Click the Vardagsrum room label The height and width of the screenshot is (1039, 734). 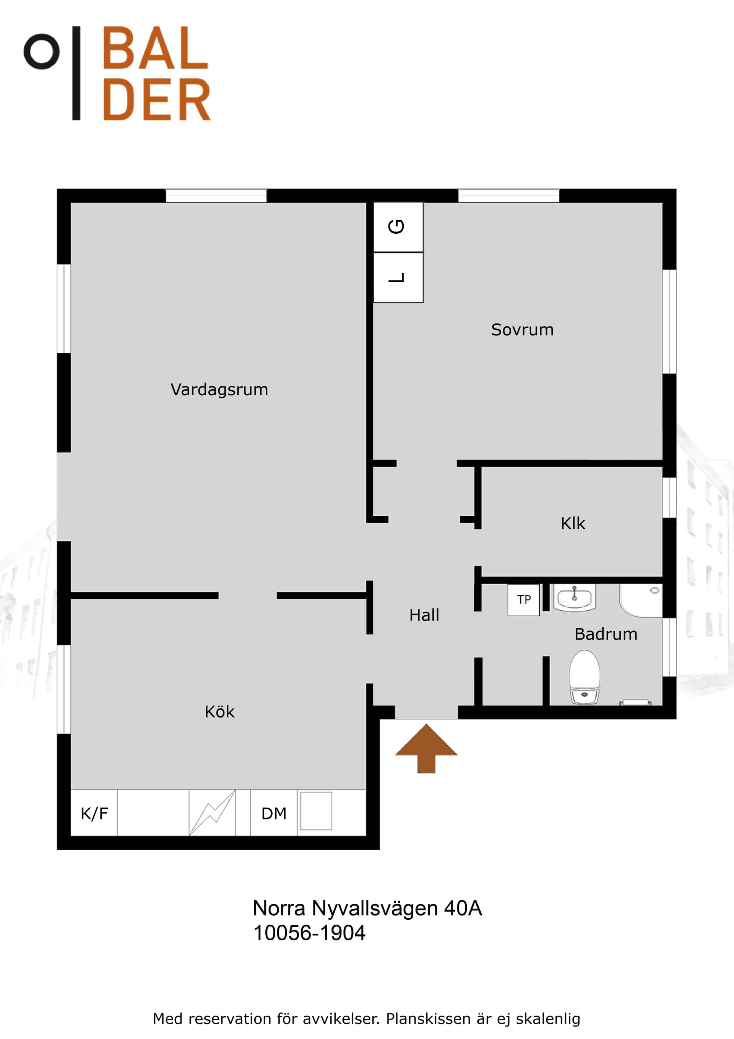coord(219,389)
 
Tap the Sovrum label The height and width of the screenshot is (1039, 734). coord(522,329)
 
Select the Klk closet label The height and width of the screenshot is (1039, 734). coord(573,523)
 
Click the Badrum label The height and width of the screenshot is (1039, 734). coord(606,634)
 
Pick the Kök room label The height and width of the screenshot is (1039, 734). coord(220,712)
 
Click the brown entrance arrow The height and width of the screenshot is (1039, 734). coord(426,749)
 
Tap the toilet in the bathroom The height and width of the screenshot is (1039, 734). coord(585,677)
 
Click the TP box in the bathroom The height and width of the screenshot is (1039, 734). coord(524,599)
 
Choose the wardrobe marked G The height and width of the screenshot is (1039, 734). coord(398,227)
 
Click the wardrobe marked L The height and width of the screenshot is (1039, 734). coord(398,277)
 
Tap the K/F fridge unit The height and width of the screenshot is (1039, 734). coord(94,813)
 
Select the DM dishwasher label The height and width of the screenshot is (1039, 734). coord(274,814)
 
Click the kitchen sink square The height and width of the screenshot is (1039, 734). coord(316,811)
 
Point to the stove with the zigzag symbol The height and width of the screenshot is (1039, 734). coord(212,813)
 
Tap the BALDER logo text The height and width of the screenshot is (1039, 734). coord(156,73)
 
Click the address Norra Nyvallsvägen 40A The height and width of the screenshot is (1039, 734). coord(367,908)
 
